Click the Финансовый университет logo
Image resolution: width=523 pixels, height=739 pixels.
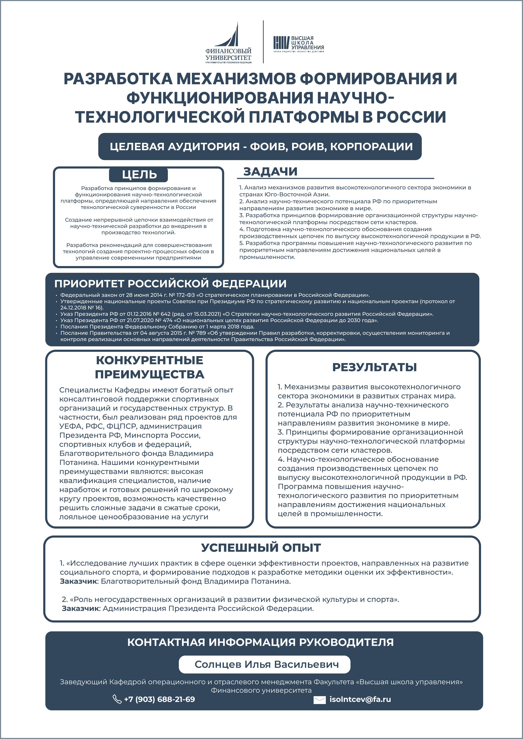(228, 43)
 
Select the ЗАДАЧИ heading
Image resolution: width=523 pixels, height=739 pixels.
(270, 172)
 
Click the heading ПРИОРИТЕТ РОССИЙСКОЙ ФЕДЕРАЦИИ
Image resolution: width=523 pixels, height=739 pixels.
(170, 284)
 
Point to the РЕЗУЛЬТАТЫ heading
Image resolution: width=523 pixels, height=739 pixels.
(375, 367)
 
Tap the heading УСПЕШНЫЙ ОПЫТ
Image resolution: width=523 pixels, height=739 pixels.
(261, 548)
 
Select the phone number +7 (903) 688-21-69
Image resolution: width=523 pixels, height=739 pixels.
(159, 699)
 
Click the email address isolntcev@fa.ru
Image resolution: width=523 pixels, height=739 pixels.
(360, 699)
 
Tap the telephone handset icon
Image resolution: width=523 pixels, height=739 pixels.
(117, 699)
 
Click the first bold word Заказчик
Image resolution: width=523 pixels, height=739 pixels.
(79, 581)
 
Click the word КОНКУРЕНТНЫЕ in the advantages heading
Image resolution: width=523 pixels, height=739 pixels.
(150, 360)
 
